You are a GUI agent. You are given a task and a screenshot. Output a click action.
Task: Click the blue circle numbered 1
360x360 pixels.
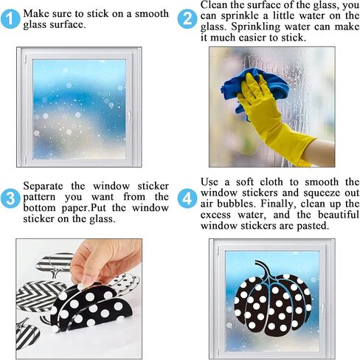[x=10, y=19]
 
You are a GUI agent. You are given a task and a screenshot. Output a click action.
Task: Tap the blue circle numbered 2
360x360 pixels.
[x=187, y=19]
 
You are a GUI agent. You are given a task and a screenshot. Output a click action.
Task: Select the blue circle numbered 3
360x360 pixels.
[x=10, y=198]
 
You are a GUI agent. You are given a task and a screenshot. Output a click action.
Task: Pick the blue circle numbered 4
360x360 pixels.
[x=187, y=198]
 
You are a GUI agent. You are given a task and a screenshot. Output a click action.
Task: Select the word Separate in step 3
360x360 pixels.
[x=43, y=186]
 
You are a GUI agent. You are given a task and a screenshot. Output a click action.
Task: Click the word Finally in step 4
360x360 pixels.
[x=277, y=204]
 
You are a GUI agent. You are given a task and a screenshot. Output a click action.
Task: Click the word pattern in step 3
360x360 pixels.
[x=39, y=197]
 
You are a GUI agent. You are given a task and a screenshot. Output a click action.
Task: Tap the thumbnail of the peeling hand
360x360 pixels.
[x=79, y=299]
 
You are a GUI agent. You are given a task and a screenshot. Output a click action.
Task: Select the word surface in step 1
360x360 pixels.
[x=69, y=25]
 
